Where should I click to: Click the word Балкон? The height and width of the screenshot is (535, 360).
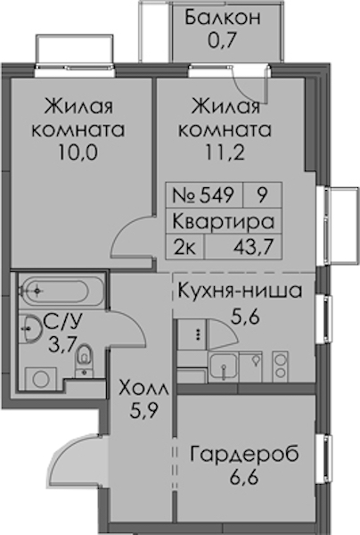click(223, 18)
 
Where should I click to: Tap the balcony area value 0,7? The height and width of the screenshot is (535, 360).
click(222, 40)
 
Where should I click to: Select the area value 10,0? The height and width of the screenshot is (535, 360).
click(78, 152)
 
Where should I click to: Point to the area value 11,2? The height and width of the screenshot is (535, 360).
click(225, 152)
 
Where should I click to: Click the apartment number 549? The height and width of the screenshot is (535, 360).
click(217, 195)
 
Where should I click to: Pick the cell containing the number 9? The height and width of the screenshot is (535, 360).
click(262, 195)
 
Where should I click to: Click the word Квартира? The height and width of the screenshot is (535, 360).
click(224, 221)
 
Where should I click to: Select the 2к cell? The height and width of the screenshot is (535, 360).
click(185, 247)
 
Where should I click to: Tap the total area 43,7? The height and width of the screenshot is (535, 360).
click(254, 247)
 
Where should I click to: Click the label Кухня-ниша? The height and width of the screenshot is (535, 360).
click(240, 291)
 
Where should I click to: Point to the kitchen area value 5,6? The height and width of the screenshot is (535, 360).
click(245, 317)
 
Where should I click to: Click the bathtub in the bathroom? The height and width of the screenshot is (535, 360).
click(61, 291)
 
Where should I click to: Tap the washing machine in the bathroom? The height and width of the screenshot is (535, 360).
click(41, 378)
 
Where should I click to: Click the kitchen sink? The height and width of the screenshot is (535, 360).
click(224, 366)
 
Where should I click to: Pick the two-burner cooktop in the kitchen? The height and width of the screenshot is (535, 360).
click(280, 366)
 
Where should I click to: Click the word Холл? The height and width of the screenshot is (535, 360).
click(143, 389)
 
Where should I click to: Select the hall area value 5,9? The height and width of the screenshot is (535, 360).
click(143, 411)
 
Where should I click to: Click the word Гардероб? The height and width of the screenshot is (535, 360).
click(244, 454)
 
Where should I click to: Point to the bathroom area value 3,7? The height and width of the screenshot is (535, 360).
click(61, 344)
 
